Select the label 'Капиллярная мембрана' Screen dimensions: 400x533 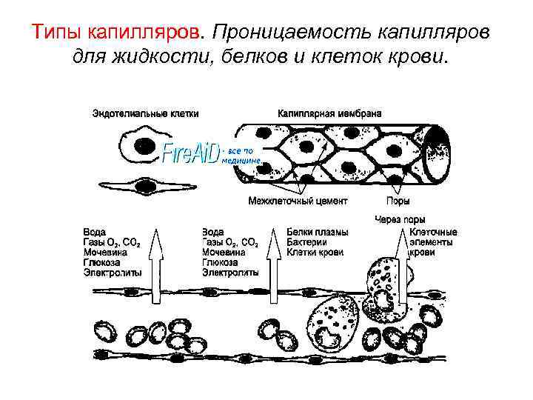tap(329, 114)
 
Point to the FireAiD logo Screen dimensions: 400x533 tap(191, 153)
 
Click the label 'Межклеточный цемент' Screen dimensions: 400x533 tap(298, 201)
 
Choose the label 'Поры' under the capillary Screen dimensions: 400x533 tap(399, 201)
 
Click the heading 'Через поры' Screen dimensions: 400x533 tap(400, 220)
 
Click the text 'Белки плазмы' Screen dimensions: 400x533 tap(317, 232)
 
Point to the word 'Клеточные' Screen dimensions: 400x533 tap(433, 232)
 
